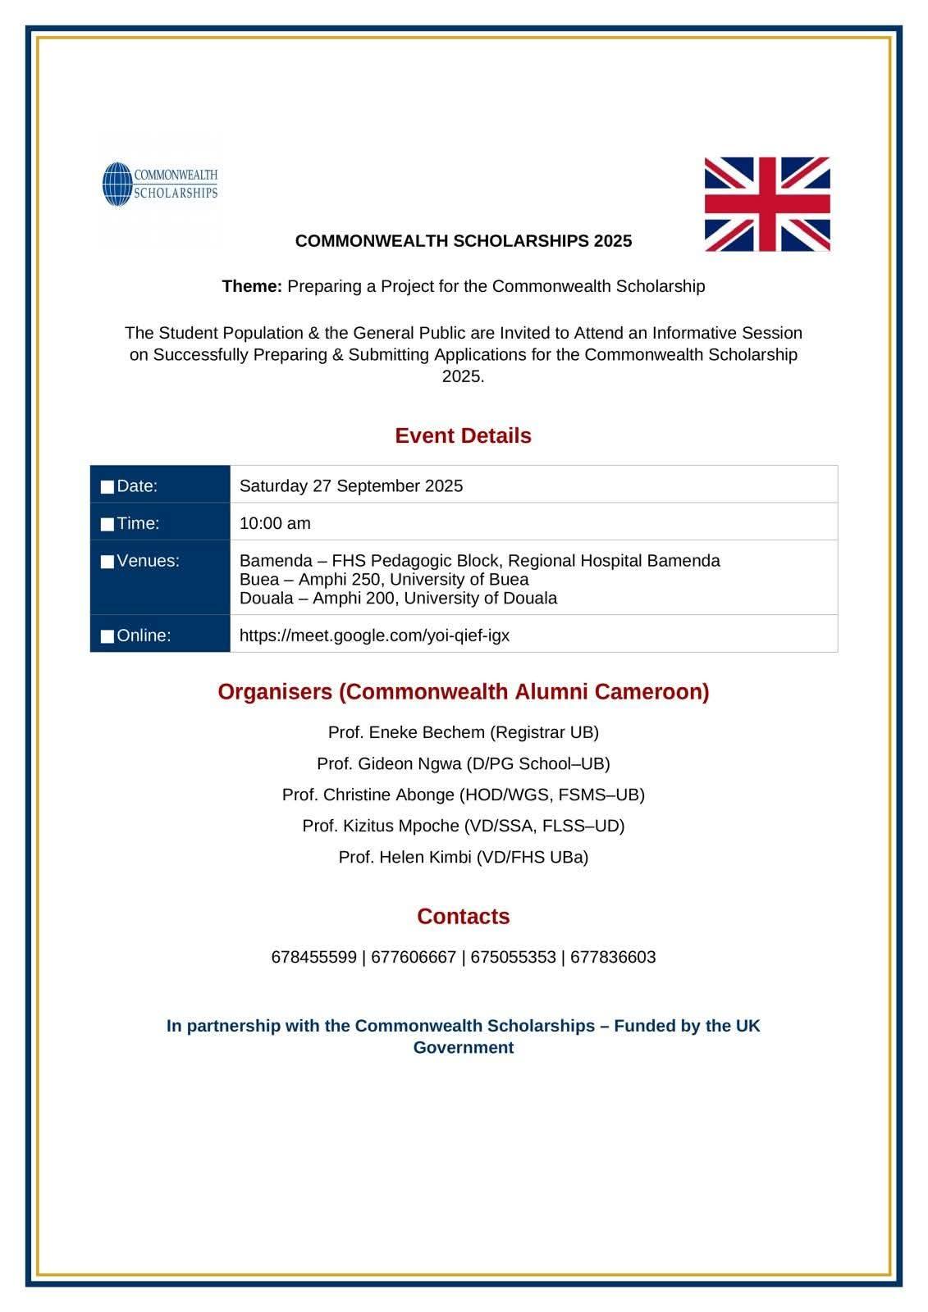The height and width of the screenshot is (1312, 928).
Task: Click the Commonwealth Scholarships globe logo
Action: pos(118,184)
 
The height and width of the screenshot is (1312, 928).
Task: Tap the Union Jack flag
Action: pos(766,204)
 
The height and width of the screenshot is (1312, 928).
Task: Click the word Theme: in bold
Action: pos(252,286)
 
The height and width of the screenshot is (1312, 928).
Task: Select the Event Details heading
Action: pos(463,435)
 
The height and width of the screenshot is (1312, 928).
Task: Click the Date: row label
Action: pos(136,485)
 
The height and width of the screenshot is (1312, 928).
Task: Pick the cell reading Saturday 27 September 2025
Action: pos(350,485)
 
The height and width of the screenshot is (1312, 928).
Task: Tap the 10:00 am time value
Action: pos(275,523)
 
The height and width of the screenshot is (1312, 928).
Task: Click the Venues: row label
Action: pos(148,561)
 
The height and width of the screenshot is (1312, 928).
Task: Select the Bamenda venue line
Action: pos(479,561)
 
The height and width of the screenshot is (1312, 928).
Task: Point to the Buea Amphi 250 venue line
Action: pos(383,579)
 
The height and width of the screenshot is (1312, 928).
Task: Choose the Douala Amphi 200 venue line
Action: pos(398,598)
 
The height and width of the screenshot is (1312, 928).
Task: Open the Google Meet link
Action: pos(374,635)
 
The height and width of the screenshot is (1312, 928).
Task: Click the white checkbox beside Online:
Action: pos(107,636)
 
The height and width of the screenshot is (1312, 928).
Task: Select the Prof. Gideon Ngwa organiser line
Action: pos(463,763)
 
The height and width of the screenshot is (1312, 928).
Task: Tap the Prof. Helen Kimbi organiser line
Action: pos(463,857)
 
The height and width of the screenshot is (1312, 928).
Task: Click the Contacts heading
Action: pos(463,916)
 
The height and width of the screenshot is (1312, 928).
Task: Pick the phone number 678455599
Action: pos(313,957)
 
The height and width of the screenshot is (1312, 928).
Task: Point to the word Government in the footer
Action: pos(463,1047)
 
